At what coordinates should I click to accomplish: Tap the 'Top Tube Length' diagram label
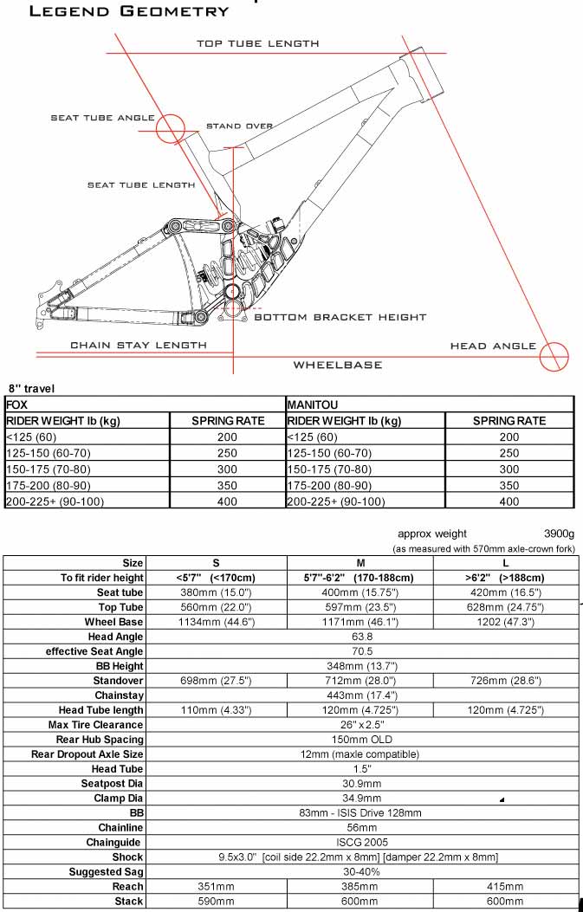258,43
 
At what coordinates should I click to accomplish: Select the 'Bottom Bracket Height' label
340,318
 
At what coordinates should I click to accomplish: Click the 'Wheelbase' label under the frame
338,365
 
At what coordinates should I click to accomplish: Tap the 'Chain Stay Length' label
139,345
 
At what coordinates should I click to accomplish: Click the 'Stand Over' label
240,126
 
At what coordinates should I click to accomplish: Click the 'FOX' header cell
17,404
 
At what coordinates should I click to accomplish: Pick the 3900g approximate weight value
563,534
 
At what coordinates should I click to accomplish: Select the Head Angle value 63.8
363,637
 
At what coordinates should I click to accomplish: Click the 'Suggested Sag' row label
107,872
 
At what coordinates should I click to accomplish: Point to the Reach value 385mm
363,887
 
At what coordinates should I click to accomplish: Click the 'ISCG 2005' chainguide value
363,842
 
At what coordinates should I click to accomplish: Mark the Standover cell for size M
363,680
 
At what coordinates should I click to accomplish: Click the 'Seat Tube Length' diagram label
141,184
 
